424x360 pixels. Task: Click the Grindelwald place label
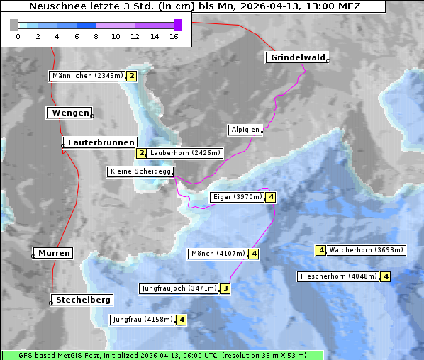coord(298,57)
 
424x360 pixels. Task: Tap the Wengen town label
coord(69,113)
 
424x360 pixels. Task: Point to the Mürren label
coord(54,253)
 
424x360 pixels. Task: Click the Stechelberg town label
coord(83,300)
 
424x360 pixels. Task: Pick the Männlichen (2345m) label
coord(87,76)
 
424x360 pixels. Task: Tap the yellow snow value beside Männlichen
coord(131,76)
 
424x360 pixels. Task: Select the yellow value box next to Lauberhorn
coord(141,152)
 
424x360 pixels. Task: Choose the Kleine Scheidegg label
coord(140,171)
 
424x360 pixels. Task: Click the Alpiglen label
coord(245,130)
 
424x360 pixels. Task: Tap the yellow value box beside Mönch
coord(254,254)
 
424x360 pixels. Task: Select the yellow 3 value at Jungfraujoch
coord(225,288)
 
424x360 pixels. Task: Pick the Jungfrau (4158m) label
coord(143,320)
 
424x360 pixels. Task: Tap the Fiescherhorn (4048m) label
coord(338,276)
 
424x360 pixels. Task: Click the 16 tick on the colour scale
coord(174,36)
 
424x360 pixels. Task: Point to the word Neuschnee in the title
coord(52,6)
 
